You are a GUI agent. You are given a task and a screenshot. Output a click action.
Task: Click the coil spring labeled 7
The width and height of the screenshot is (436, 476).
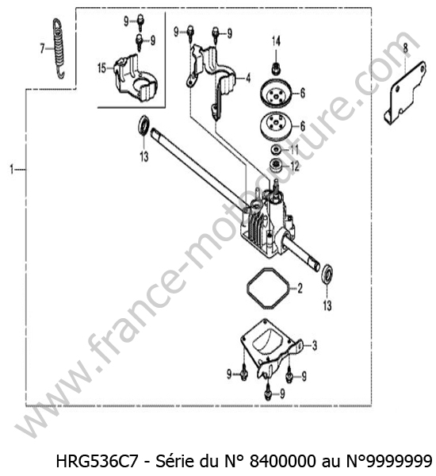tap(59, 48)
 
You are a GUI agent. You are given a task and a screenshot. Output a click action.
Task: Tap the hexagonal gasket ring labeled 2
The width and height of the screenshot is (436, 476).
tap(267, 288)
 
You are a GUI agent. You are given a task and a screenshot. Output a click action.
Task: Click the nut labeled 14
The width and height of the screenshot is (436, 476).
tap(276, 68)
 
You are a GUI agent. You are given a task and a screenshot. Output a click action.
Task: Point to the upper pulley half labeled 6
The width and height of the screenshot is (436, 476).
tap(276, 93)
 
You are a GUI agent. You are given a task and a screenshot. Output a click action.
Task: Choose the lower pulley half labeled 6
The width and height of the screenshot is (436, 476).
tap(276, 126)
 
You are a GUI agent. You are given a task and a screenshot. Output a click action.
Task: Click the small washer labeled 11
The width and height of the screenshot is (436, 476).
tap(276, 149)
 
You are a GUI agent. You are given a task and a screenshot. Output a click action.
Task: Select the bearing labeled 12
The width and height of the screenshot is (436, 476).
tap(276, 166)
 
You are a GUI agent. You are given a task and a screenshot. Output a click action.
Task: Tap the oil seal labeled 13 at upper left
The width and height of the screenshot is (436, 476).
tap(143, 125)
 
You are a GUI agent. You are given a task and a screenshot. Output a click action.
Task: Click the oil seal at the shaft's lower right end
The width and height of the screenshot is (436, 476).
tap(327, 274)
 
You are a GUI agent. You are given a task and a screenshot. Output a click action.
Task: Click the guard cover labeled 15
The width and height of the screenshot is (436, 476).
tap(135, 78)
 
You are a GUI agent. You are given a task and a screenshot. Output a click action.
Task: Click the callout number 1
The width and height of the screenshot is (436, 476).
tap(12, 170)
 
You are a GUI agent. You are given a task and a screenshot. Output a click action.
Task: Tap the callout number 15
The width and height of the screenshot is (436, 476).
tap(102, 68)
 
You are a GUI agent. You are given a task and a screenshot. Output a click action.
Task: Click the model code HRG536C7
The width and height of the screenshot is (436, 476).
tap(98, 462)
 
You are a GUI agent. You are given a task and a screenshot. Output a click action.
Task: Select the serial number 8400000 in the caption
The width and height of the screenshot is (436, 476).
tap(283, 462)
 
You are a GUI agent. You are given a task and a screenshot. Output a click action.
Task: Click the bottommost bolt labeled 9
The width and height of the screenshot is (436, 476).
tap(268, 392)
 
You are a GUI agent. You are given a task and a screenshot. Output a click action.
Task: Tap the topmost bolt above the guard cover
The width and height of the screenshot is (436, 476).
tap(140, 22)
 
